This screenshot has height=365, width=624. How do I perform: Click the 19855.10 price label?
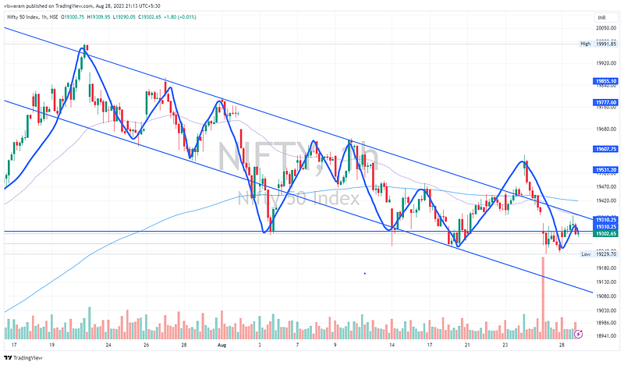click(x=606, y=81)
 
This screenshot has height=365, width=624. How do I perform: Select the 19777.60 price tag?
click(x=606, y=102)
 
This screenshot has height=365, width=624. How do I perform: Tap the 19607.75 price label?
click(x=606, y=149)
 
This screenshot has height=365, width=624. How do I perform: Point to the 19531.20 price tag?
click(x=606, y=169)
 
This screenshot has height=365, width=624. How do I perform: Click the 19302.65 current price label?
click(x=606, y=234)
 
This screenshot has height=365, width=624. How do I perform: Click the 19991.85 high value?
click(x=606, y=44)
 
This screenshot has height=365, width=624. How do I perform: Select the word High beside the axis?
click(x=585, y=44)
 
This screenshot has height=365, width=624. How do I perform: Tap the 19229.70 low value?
click(x=606, y=254)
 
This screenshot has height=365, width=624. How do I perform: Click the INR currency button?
click(x=601, y=16)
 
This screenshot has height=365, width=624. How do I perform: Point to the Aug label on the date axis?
click(x=222, y=345)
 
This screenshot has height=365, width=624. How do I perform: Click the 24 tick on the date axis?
click(x=109, y=345)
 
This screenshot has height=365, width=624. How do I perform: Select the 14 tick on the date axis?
click(x=392, y=345)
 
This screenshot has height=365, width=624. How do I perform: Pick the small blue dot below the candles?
click(x=365, y=273)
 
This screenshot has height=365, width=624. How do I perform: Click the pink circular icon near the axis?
click(x=578, y=334)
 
